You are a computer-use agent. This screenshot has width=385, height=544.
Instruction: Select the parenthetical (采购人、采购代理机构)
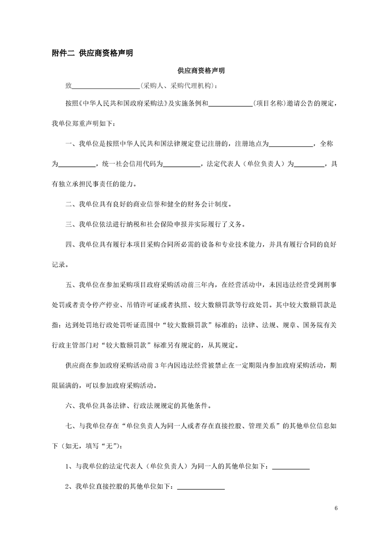coord(177,86)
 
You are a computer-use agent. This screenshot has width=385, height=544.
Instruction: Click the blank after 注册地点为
coord(291,144)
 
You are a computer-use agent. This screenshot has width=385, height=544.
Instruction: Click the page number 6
coord(335,508)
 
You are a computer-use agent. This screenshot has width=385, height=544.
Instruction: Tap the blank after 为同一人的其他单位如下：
coord(291,467)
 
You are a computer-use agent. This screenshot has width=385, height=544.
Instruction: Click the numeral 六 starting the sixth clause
coord(68,405)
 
